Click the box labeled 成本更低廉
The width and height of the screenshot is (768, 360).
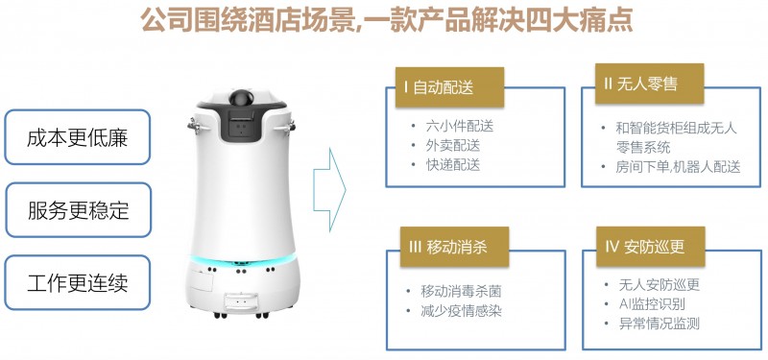[x=77, y=136]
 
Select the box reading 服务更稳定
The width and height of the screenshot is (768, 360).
[x=77, y=210]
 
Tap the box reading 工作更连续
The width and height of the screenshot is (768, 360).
[x=77, y=283]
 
